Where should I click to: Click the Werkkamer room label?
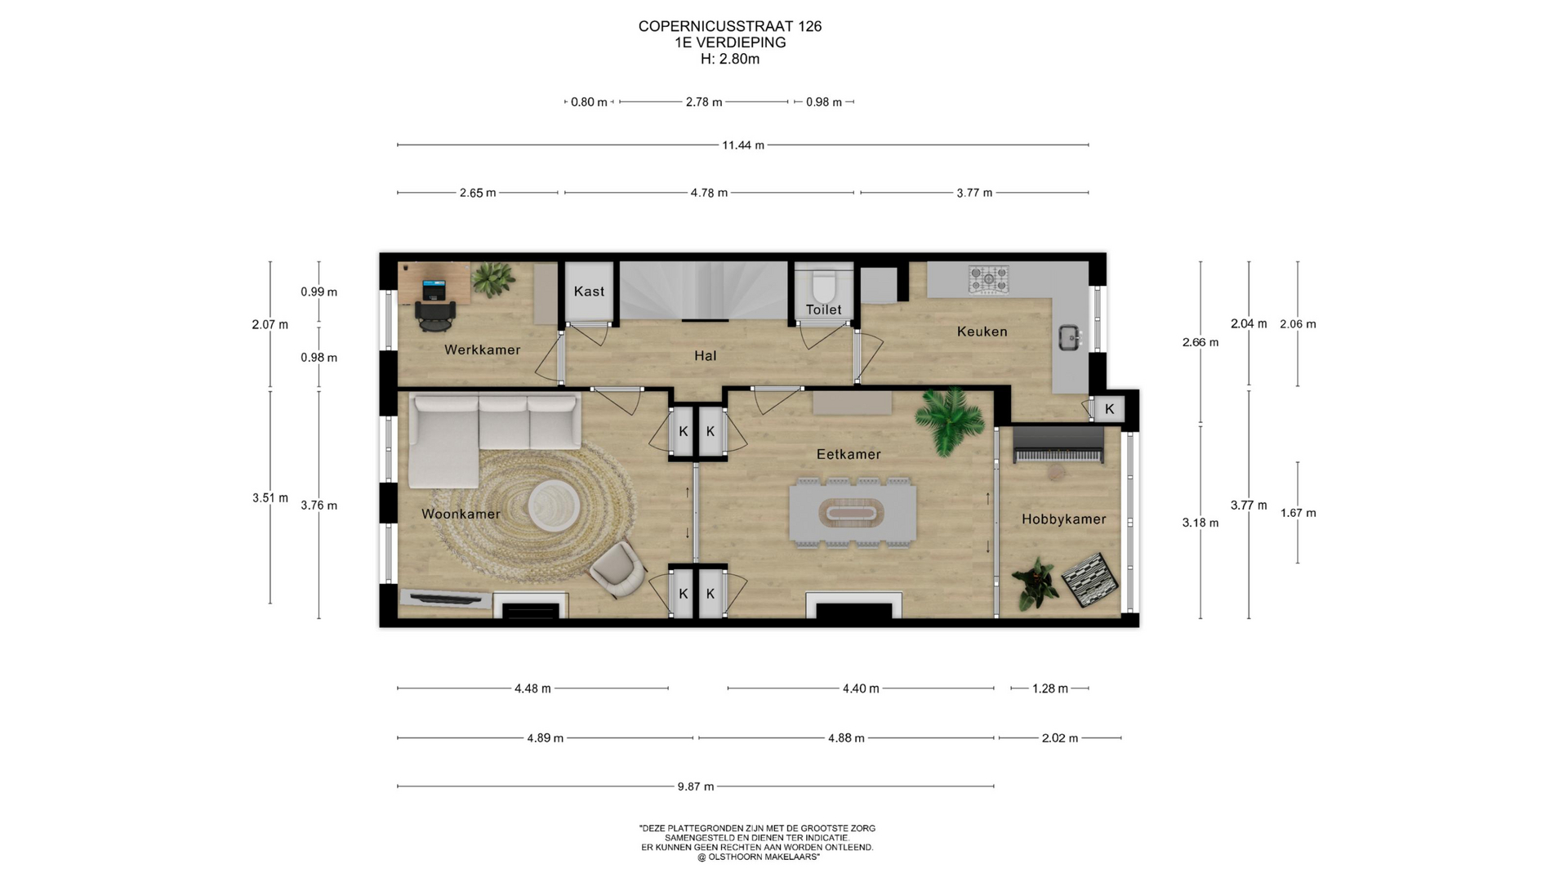coord(482,350)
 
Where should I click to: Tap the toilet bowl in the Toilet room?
coord(823,285)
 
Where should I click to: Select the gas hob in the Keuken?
coord(988,279)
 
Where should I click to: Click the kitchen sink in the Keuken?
coord(1070,337)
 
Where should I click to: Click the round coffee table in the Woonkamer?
coord(554,506)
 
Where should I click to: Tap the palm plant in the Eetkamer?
coord(947,420)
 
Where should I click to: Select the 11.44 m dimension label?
coord(742,145)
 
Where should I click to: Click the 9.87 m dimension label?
coord(695,786)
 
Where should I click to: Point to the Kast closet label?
coord(589,292)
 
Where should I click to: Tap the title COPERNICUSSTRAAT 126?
coord(730,26)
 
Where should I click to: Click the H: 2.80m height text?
coord(730,59)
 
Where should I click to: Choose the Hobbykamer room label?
coord(1063,519)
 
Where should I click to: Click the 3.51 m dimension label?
coord(270,497)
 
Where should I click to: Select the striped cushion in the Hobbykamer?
coord(1090,580)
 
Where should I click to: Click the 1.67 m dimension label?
coord(1298,513)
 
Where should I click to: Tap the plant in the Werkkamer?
coord(492,279)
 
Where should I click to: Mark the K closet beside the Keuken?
coord(1109,409)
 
